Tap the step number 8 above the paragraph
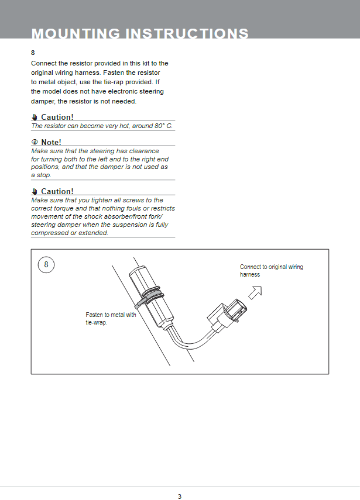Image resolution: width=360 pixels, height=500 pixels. click(33, 52)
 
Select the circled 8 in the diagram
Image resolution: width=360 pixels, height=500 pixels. click(46, 265)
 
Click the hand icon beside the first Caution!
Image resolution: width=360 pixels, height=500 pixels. click(35, 118)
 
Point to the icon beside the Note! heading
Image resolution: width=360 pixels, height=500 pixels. click(35, 142)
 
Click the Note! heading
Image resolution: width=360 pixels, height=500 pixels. click(51, 142)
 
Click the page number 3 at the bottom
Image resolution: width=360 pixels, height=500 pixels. click(180, 496)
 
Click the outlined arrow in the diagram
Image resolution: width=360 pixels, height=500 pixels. click(255, 290)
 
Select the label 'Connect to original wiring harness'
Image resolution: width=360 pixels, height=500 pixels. click(271, 270)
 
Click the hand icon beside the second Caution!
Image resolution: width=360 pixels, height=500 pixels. click(35, 192)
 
